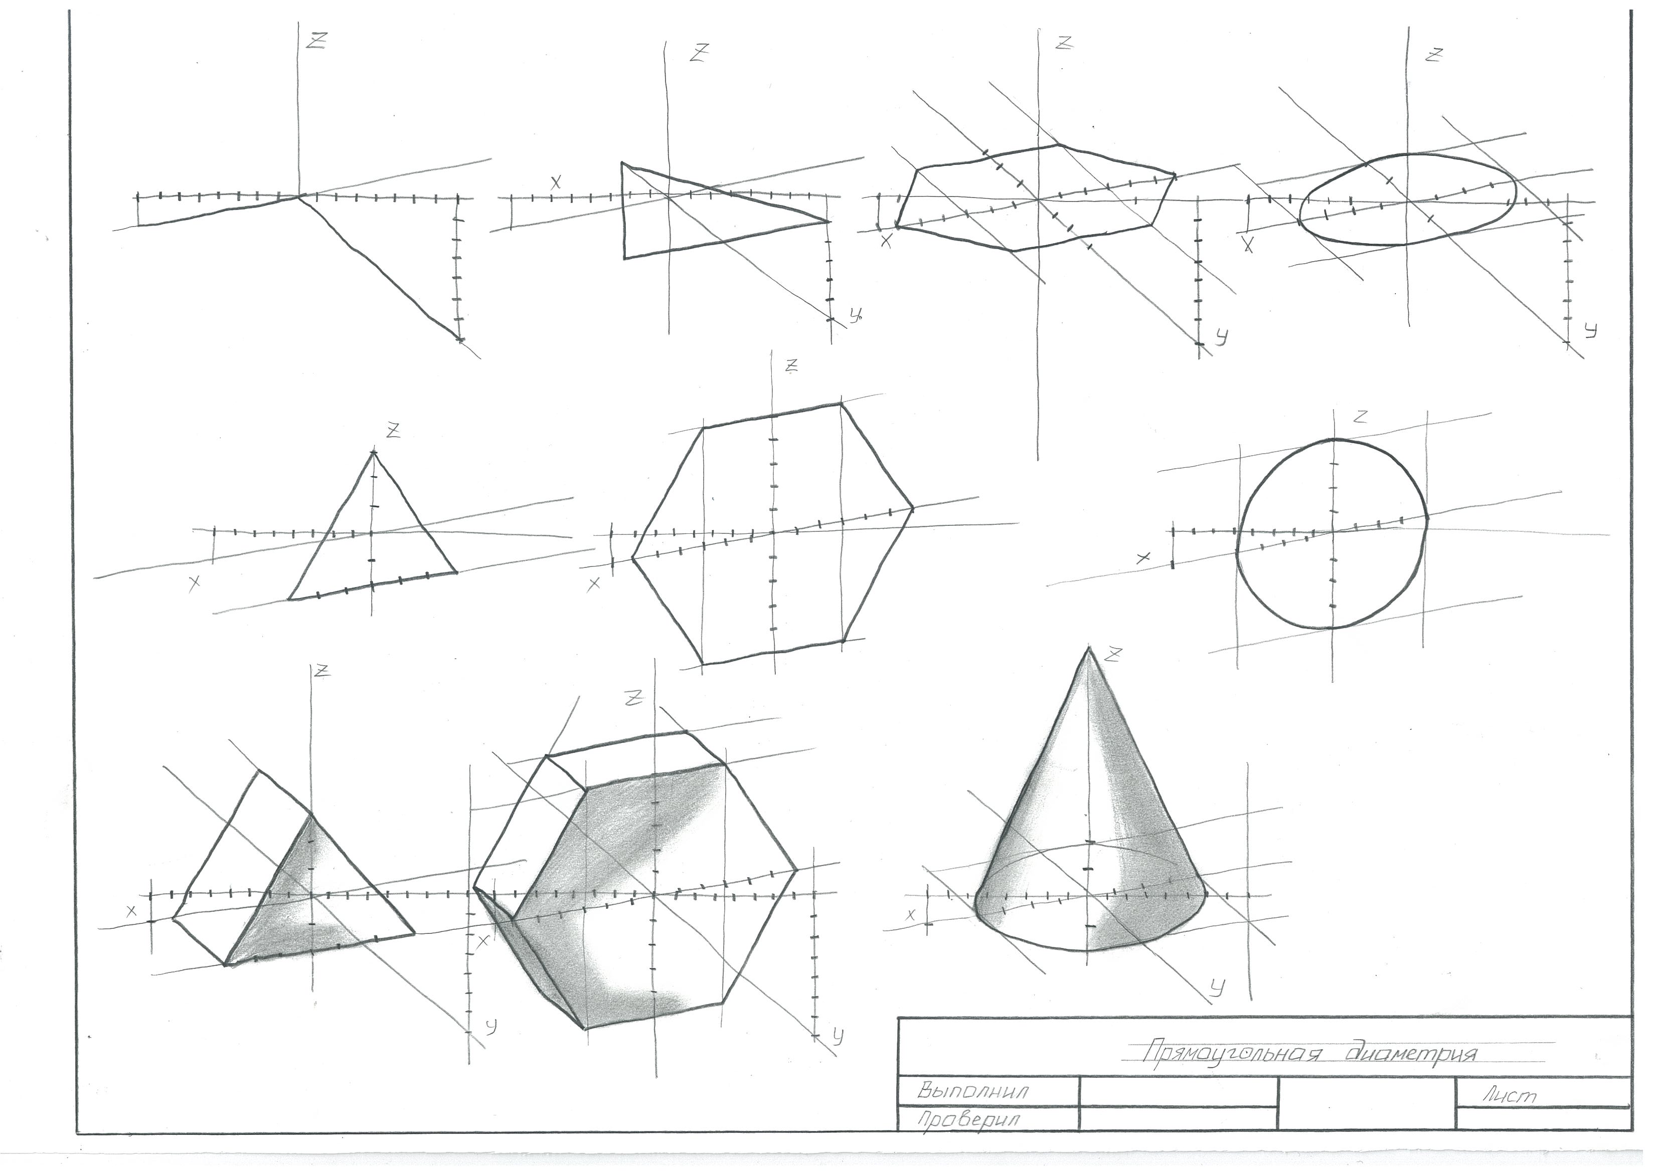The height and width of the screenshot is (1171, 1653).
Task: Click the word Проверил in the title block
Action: pos(968,1120)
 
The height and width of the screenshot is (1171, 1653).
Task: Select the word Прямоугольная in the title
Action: pos(1232,1054)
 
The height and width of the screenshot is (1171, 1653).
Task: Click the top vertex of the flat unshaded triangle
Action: pos(373,452)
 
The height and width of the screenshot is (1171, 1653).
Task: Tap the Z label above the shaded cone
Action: pos(1114,655)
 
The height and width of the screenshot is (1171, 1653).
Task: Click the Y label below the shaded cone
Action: pos(1217,989)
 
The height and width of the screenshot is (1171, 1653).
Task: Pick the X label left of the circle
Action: pos(1142,558)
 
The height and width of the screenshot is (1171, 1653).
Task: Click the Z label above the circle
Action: pos(1361,416)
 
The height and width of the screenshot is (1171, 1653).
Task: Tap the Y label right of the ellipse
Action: pos(1591,331)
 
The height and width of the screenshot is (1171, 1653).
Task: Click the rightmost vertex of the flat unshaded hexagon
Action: pos(912,509)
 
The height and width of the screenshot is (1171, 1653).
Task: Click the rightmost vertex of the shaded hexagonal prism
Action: pos(797,870)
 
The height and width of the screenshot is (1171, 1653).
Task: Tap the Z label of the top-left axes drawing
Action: pos(316,41)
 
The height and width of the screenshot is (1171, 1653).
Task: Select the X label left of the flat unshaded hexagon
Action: pos(594,584)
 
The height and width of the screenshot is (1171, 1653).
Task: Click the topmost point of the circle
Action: pos(1334,439)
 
